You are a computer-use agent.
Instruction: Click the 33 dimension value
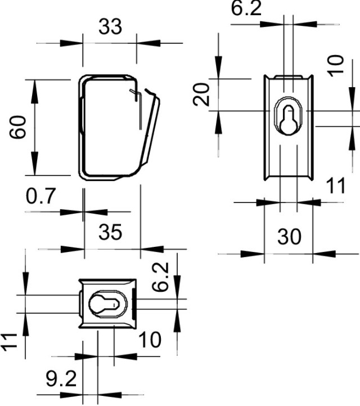point(110,26)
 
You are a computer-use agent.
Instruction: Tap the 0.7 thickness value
point(41,197)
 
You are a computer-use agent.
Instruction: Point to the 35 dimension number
point(110,232)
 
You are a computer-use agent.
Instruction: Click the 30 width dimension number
point(289,237)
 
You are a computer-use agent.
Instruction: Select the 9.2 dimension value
point(61,378)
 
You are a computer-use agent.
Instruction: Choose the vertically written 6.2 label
point(161,277)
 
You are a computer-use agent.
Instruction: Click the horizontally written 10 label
point(148,340)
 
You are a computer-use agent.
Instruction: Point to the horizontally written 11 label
point(336,186)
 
